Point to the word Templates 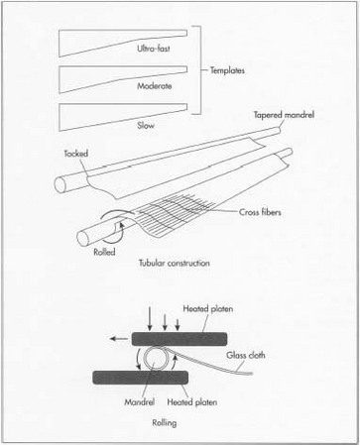(x=229, y=71)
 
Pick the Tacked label (x=77, y=156)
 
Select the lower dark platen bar (x=149, y=376)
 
